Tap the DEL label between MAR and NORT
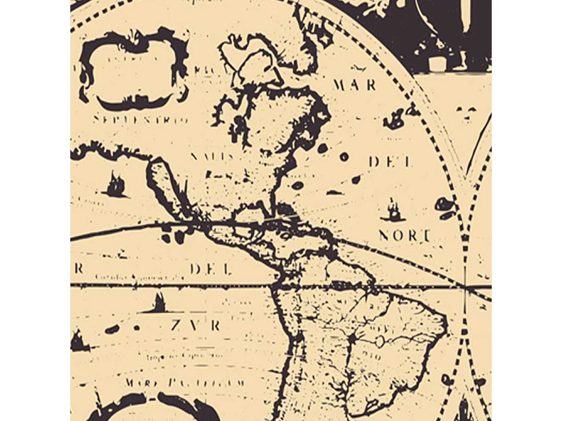390,162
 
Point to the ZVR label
196,325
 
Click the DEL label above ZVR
211,269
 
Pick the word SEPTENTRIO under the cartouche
140,120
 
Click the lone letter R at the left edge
79,269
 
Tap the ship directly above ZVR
159,303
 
